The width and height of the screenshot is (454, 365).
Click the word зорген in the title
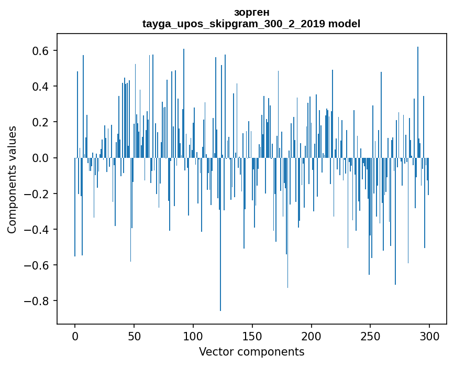[252, 12]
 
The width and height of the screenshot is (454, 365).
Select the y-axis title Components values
[12, 179]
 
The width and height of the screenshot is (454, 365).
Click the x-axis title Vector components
[251, 351]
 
